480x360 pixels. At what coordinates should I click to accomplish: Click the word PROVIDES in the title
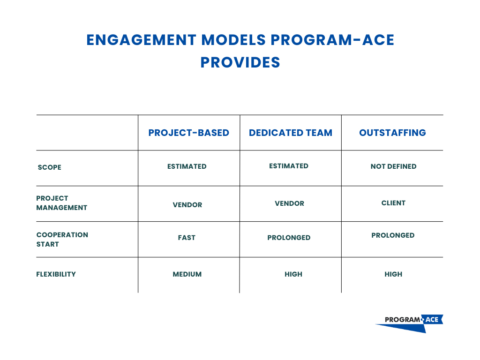pos(240,62)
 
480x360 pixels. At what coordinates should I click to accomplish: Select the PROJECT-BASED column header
pos(188,133)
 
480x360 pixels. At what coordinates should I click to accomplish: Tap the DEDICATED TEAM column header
pos(291,133)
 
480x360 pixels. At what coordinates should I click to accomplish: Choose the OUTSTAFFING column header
pos(392,133)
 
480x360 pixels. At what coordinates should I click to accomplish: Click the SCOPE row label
pos(49,167)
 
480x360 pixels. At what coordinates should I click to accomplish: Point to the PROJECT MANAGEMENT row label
pos(61,203)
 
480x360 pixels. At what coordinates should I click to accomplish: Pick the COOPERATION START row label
pos(62,240)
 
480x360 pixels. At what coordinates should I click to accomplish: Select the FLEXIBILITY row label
pos(56,274)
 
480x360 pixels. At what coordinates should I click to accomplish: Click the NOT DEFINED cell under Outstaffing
pos(393,166)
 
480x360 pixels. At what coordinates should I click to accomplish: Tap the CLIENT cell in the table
pos(393,203)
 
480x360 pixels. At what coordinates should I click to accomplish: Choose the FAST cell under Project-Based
pos(187,238)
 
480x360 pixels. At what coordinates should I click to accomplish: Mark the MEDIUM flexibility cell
pos(187,274)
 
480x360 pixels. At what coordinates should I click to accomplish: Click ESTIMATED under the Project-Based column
pos(187,166)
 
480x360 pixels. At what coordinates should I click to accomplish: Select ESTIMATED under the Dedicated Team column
pos(289,166)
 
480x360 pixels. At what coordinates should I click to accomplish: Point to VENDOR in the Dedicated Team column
pos(289,203)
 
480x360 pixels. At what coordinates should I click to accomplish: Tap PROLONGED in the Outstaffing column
pos(393,235)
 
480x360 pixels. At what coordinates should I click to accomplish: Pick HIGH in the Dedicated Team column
pos(293,274)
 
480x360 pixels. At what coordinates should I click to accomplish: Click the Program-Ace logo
pos(409,322)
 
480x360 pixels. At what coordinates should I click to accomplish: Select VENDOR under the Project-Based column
pos(187,205)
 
